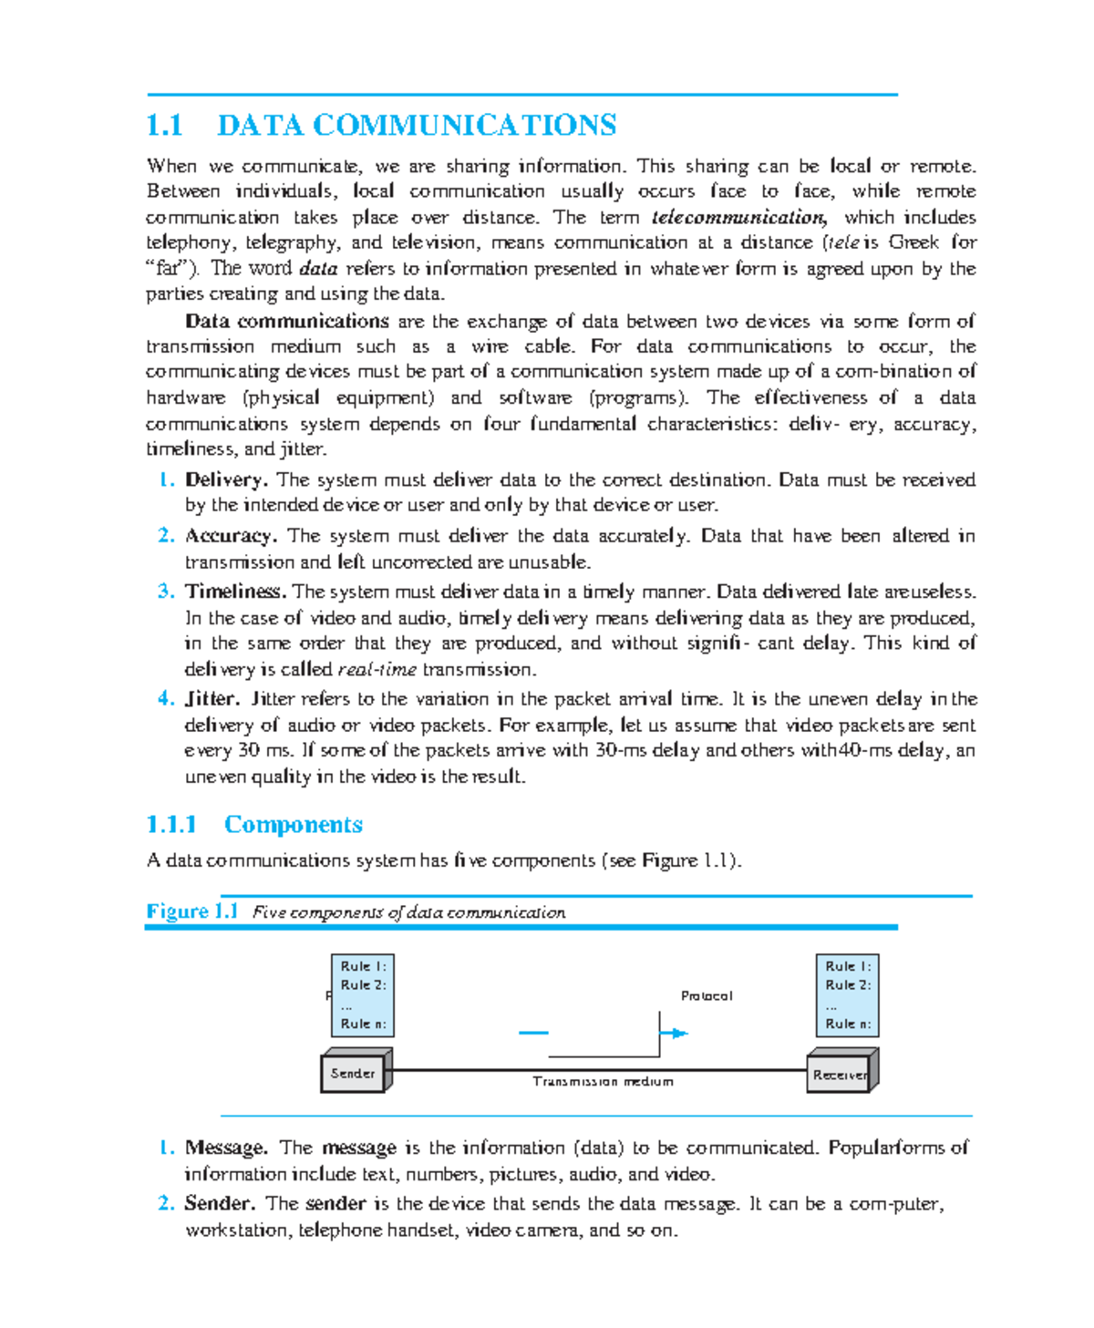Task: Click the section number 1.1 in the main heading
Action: pos(165,126)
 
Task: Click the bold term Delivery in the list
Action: pos(225,479)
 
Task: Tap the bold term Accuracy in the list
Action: pos(230,536)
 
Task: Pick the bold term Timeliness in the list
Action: pos(235,592)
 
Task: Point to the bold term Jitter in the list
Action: pos(212,699)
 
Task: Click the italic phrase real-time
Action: pos(377,670)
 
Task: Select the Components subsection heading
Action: pos(293,825)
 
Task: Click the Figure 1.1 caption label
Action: pos(191,911)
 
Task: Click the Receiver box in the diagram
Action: pos(840,1074)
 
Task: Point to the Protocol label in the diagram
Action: pos(707,995)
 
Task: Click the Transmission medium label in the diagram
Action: pos(603,1082)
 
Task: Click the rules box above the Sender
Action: pos(363,994)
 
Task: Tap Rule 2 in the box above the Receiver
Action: pos(848,985)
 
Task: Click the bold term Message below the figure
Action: pos(225,1148)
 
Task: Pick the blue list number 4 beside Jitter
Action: pos(165,699)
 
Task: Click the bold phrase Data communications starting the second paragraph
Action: pos(286,321)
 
